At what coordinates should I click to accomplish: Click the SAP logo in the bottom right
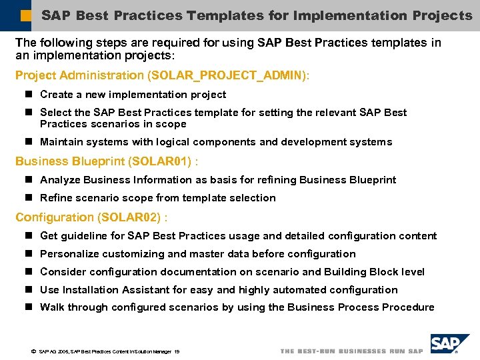(447, 343)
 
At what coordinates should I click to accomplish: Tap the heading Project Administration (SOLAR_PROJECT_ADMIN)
(162, 75)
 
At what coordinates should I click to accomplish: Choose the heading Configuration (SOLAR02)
(91, 217)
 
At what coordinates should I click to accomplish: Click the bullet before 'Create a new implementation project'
(29, 95)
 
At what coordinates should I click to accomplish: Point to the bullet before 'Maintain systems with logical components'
(29, 142)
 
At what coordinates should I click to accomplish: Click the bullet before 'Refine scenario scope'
(29, 198)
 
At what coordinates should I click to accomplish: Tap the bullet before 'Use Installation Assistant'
(29, 290)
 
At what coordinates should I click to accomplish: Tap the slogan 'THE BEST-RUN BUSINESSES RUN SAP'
(351, 351)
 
